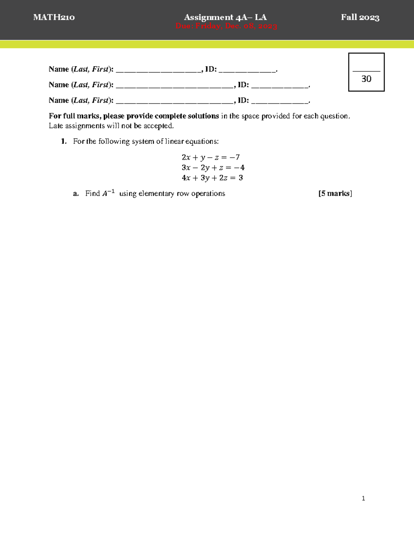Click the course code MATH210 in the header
[54, 17]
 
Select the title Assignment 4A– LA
[225, 17]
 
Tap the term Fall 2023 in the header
[360, 17]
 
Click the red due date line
[226, 26]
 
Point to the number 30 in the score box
[366, 79]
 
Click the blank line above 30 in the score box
[366, 71]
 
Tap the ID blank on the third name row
[279, 103]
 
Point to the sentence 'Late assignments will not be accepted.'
[111, 126]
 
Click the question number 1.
[63, 142]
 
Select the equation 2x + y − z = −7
[210, 157]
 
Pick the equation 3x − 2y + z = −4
[213, 168]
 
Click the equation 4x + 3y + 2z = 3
[212, 178]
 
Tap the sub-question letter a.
[76, 194]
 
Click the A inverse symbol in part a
[108, 193]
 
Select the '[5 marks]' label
[335, 194]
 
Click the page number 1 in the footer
[363, 498]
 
